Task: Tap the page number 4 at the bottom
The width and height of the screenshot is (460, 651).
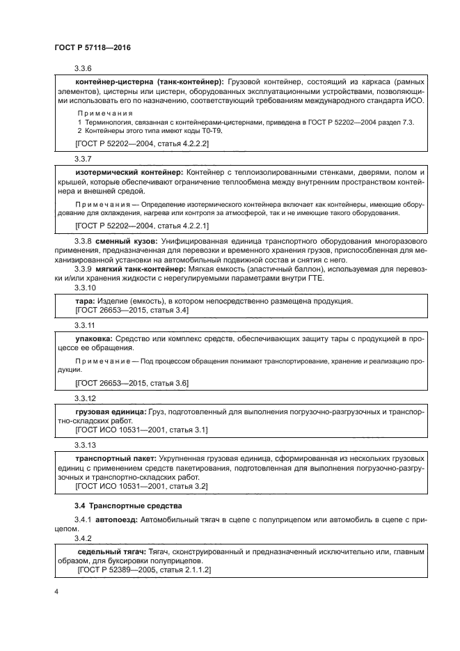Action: pos(56,591)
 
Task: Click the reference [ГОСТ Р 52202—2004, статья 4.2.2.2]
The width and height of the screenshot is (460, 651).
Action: pos(141,143)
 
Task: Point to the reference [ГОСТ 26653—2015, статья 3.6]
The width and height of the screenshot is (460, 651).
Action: pos(132,383)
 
